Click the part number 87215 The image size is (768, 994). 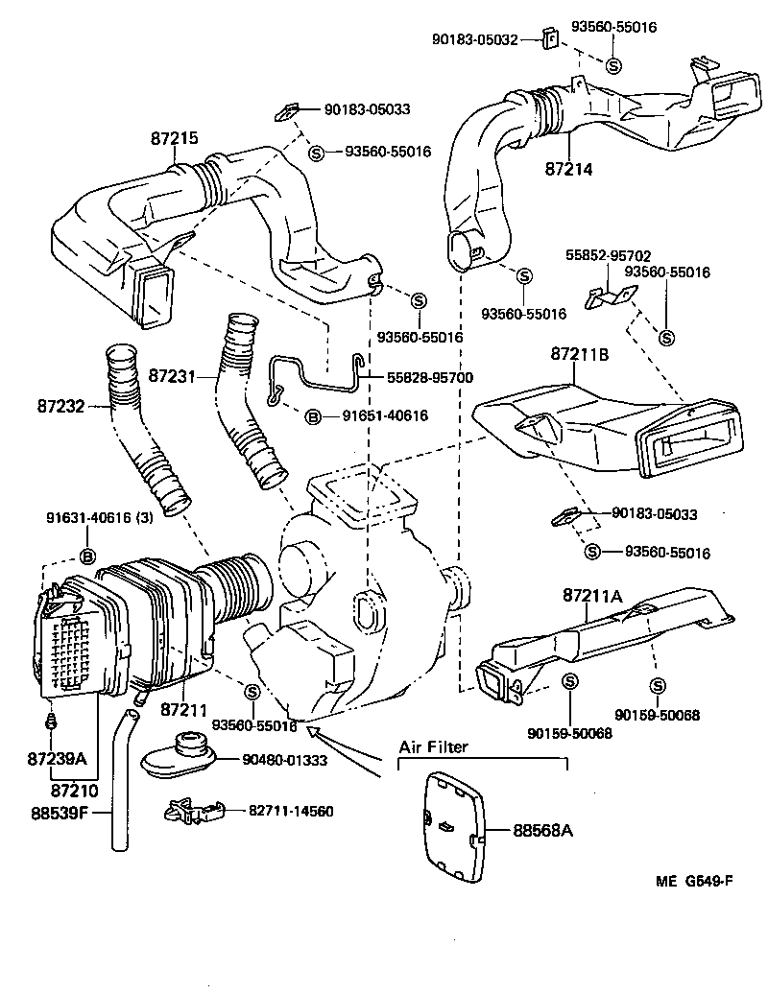click(174, 138)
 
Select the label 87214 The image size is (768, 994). click(569, 169)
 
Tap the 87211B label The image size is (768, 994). click(580, 354)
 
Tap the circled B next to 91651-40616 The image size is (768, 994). click(312, 416)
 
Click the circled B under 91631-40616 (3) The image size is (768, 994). click(87, 556)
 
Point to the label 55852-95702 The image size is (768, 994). click(607, 256)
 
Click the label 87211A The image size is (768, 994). click(593, 597)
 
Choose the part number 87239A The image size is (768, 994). click(58, 759)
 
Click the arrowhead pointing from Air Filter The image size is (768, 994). click(314, 732)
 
